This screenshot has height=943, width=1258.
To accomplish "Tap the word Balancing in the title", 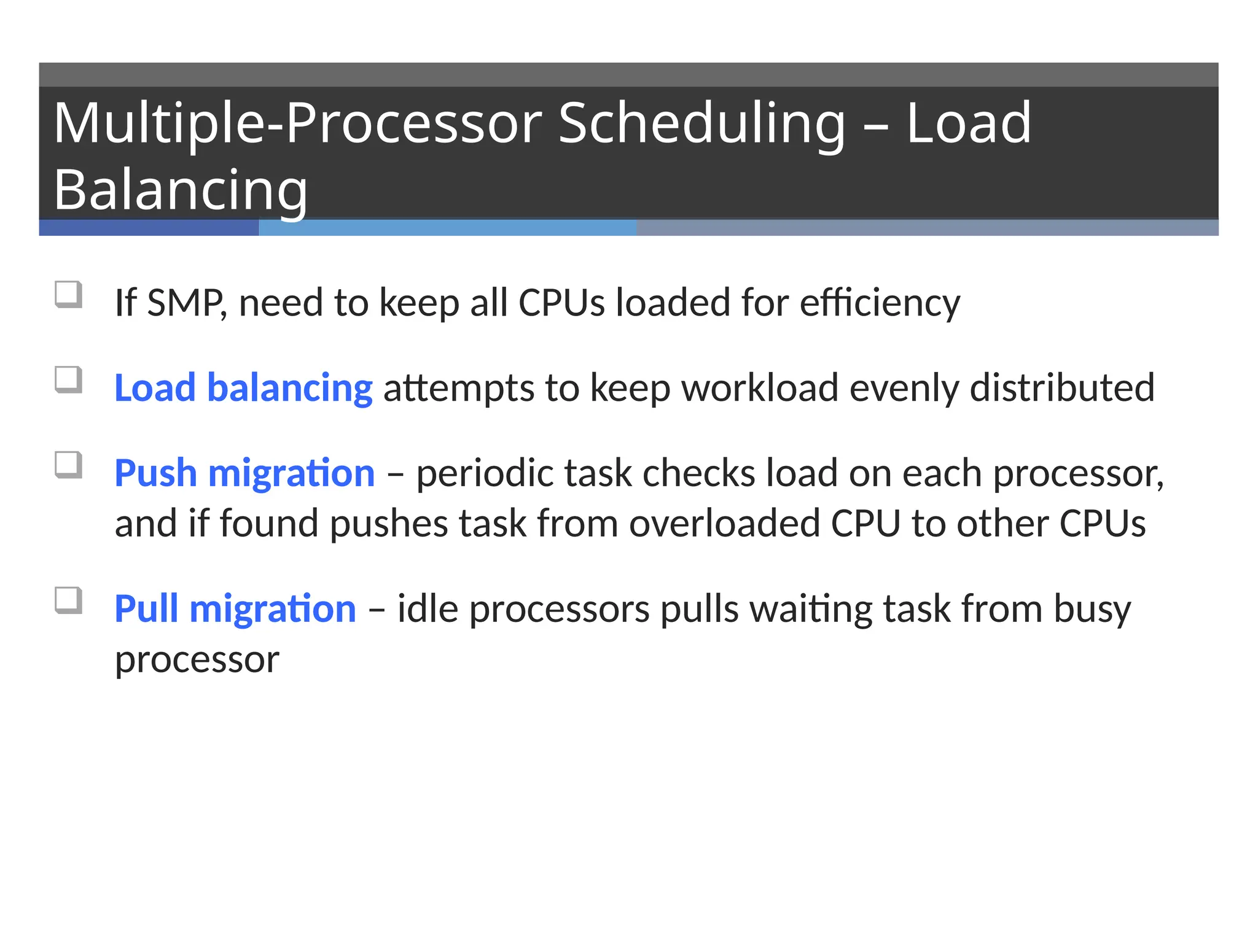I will coord(181,190).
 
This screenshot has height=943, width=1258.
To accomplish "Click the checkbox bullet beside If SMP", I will coord(68,294).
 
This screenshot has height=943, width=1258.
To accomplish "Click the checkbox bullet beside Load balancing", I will coord(68,379).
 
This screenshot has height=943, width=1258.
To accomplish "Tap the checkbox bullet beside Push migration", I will coord(68,465).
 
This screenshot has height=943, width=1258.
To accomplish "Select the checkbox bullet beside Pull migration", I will coord(68,600).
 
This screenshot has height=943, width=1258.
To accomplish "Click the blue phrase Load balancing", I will coord(243,388).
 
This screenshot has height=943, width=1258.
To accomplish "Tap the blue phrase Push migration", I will coord(244,473).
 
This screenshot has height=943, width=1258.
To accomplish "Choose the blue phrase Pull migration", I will coord(235,609).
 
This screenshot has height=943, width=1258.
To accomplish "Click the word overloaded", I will coord(724,524).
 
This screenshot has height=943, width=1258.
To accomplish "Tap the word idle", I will coord(428,609).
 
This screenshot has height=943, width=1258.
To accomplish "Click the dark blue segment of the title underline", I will coord(149,228).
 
